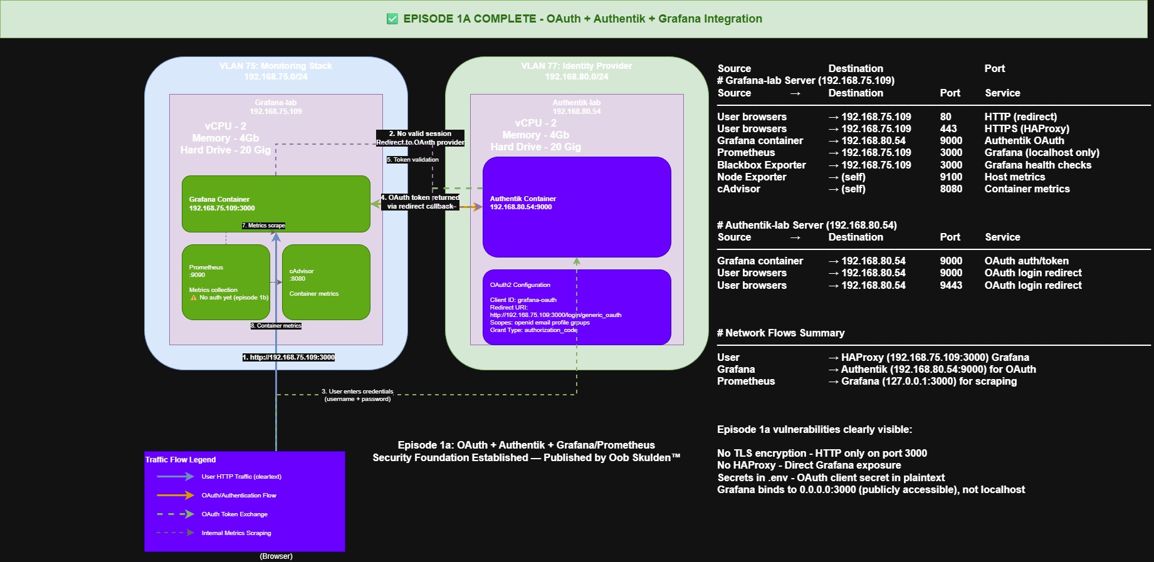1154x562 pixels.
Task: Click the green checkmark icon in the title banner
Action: coord(392,19)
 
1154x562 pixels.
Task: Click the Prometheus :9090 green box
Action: coord(226,282)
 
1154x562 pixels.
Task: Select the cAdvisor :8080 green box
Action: coord(326,282)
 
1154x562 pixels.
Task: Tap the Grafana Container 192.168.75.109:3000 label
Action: coord(222,204)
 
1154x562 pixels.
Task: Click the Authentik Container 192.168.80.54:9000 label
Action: coord(523,202)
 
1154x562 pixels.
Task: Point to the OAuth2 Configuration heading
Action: coord(520,284)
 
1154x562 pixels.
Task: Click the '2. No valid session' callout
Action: coord(420,133)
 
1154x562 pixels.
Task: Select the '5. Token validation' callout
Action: coord(412,160)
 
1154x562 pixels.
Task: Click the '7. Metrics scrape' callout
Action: coord(263,226)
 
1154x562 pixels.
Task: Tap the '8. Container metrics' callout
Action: coord(276,326)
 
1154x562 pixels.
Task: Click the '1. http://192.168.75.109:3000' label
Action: coord(288,357)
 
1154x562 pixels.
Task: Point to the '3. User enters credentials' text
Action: coord(357,395)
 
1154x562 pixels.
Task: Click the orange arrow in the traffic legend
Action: coord(176,495)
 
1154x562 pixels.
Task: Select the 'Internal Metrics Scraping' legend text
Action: coord(236,533)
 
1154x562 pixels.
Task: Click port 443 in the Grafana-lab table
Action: coord(948,128)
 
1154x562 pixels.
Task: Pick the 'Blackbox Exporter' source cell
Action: coord(761,165)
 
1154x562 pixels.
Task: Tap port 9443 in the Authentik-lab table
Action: coord(950,285)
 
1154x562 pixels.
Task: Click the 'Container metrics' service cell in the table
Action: coord(1027,189)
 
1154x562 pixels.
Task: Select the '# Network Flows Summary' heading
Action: coord(780,333)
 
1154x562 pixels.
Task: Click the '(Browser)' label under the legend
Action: coord(276,556)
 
